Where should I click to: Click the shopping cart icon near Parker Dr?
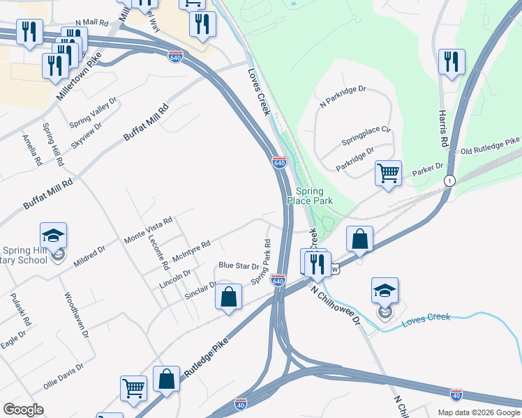388,172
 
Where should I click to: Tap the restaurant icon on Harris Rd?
452,61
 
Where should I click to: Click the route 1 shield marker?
450,181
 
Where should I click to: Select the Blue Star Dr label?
239,265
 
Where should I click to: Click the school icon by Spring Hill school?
52,237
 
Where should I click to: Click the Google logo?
23,410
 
